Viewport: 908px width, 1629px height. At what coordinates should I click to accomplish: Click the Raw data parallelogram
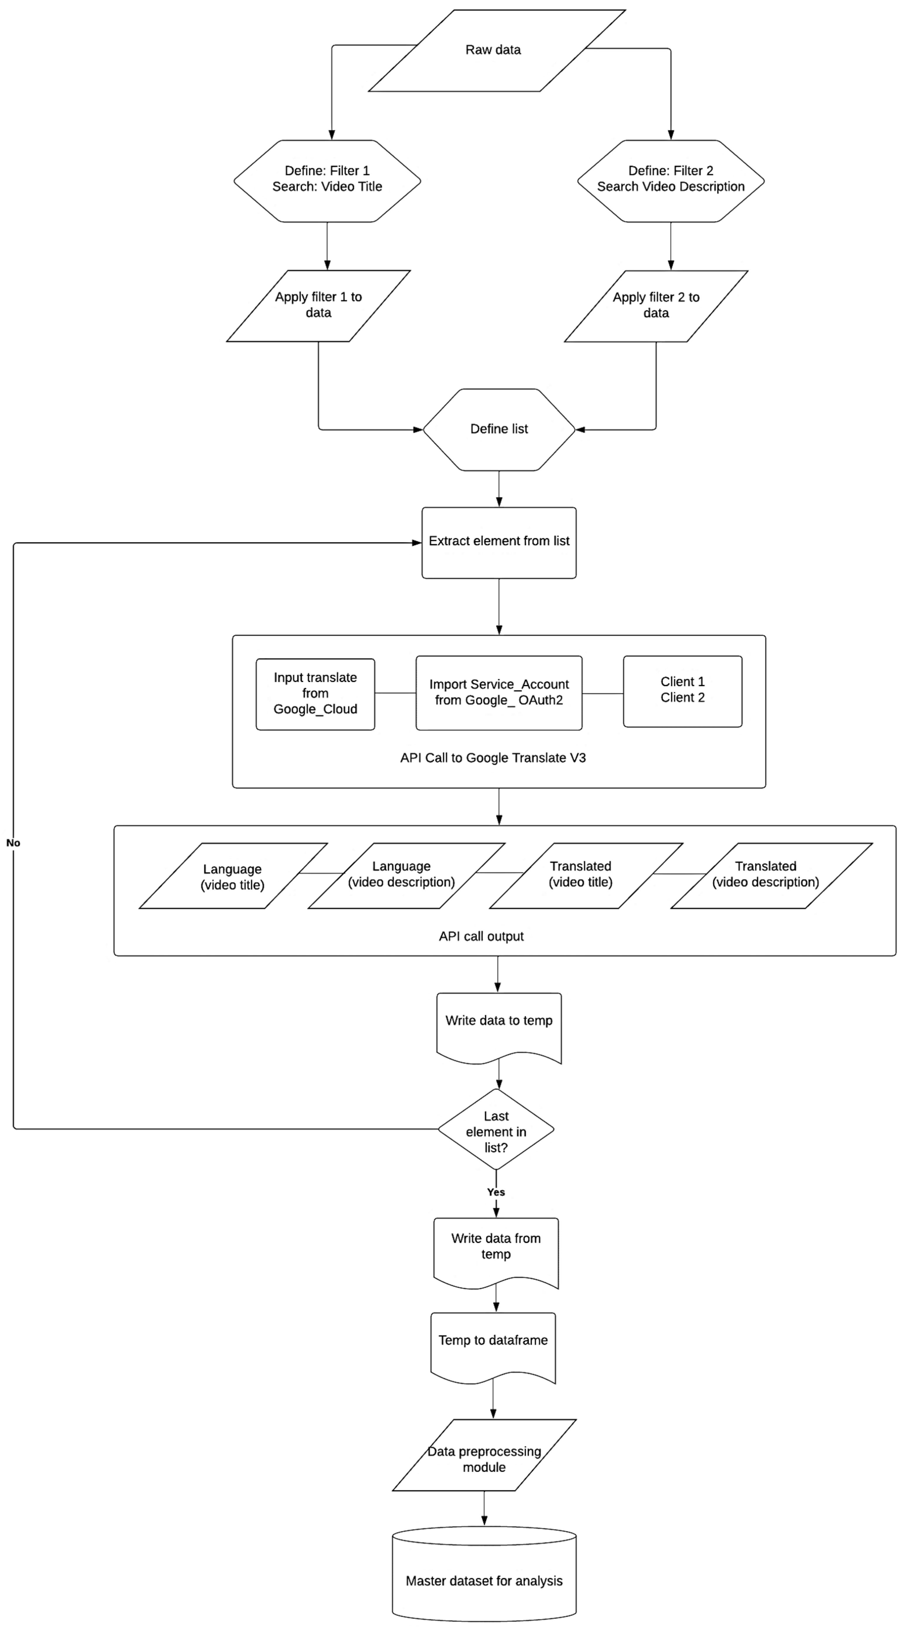(x=493, y=51)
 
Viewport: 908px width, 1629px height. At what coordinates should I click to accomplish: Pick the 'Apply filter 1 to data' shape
(x=318, y=305)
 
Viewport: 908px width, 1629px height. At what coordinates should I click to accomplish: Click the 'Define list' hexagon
(x=499, y=429)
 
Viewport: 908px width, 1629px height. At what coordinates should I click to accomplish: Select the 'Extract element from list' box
(x=499, y=542)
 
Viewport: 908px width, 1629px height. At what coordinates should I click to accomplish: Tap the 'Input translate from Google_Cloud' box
(x=315, y=694)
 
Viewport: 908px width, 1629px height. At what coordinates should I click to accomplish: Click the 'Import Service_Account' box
(x=499, y=693)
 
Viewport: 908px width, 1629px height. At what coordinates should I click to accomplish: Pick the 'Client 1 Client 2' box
(x=682, y=690)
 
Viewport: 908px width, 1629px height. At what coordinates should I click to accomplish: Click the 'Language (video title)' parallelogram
(x=233, y=877)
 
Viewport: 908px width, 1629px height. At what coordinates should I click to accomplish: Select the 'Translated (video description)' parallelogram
(x=766, y=874)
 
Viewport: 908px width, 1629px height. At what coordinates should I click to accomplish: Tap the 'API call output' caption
(x=481, y=936)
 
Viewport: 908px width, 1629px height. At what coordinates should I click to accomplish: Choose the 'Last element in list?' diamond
(x=496, y=1131)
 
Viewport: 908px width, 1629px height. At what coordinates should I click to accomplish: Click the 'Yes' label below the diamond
(x=496, y=1192)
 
